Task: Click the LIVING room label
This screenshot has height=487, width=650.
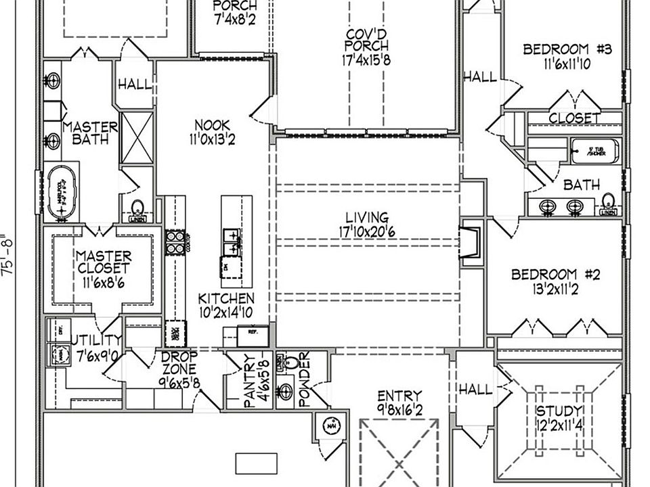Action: (x=367, y=218)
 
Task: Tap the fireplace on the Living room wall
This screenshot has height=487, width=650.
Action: (x=470, y=243)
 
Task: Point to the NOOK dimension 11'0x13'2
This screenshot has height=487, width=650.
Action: (x=212, y=140)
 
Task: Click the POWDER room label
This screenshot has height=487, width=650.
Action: (x=304, y=379)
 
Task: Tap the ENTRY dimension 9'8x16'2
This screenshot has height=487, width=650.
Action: (x=399, y=409)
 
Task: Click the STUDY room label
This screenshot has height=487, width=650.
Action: (x=559, y=411)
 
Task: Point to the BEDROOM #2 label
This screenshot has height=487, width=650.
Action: (x=556, y=275)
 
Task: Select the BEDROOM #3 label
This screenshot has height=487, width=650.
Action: (x=567, y=49)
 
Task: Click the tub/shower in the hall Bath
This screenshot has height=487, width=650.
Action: (x=594, y=150)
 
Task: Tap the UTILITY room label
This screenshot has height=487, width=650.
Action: (x=96, y=340)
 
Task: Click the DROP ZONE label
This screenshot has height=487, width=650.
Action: (x=179, y=363)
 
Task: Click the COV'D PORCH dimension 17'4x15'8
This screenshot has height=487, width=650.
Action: (x=366, y=60)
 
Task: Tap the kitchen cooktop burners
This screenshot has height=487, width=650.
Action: (x=174, y=241)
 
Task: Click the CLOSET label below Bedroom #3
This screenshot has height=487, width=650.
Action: (x=574, y=118)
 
